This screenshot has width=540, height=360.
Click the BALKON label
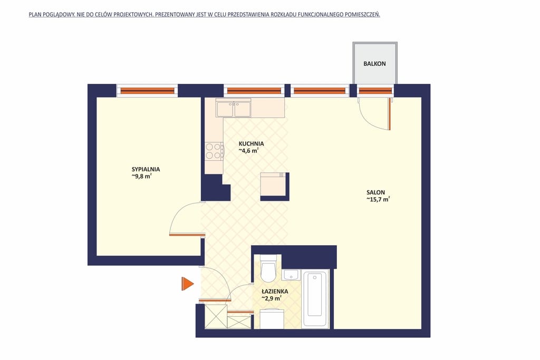tap(374, 64)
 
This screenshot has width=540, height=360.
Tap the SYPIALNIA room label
tap(146, 169)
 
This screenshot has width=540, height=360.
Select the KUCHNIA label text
tap(252, 144)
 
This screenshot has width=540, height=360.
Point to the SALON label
tap(375, 192)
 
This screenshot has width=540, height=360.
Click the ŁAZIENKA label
tap(275, 291)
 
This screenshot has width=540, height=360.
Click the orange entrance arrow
tap(187, 284)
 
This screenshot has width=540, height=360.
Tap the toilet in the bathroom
tap(268, 268)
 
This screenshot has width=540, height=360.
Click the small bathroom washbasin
tap(291, 275)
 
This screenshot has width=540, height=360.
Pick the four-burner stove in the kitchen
tap(214, 151)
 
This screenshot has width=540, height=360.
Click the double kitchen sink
tap(233, 109)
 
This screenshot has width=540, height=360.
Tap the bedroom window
tap(148, 91)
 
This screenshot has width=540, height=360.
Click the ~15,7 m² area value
tap(378, 199)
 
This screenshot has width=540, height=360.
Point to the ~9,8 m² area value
tap(141, 176)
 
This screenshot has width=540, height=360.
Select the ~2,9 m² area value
tap(272, 298)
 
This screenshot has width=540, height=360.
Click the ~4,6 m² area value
tap(249, 151)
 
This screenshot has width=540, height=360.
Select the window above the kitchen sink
tap(254, 91)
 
